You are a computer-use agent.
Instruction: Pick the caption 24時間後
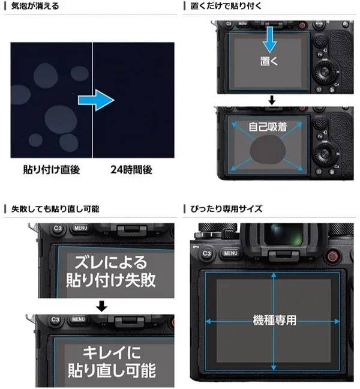pyautogui.click(x=131, y=170)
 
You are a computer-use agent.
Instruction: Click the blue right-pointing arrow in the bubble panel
pyautogui.click(x=95, y=100)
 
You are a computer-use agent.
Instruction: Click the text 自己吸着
pyautogui.click(x=269, y=127)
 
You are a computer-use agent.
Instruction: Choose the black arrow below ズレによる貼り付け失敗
pyautogui.click(x=102, y=306)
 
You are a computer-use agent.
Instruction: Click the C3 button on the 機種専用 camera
pyautogui.click(x=207, y=253)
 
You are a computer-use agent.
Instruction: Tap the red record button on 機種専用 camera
pyautogui.click(x=331, y=257)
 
